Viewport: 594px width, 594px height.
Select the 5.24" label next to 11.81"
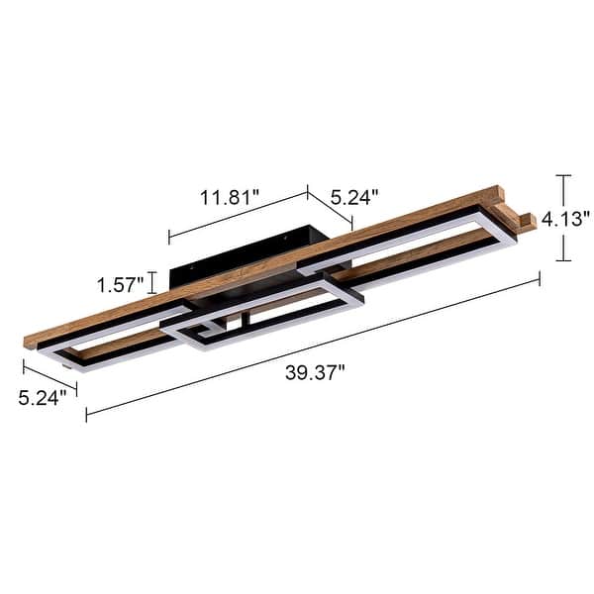coord(354,197)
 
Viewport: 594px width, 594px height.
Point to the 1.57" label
coord(121,285)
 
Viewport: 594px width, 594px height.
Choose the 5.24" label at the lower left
coord(42,398)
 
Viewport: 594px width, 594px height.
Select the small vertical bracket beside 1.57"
coord(151,284)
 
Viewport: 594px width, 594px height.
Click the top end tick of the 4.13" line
coord(563,176)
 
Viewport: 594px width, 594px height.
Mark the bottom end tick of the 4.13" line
coord(563,260)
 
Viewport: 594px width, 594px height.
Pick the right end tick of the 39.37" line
coord(540,280)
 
